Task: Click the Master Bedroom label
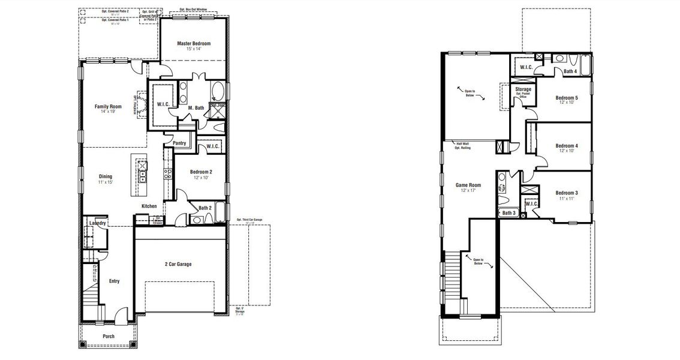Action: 194,44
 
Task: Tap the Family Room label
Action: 108,107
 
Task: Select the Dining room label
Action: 106,176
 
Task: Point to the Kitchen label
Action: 149,206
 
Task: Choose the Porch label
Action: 109,337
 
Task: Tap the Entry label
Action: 114,281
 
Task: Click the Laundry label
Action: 98,223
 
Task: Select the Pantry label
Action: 179,143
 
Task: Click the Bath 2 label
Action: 204,208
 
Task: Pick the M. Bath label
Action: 196,108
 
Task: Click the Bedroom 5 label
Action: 567,98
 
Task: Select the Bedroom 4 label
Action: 567,146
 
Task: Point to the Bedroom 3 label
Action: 567,193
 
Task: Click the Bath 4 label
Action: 570,71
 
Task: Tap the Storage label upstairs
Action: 523,89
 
